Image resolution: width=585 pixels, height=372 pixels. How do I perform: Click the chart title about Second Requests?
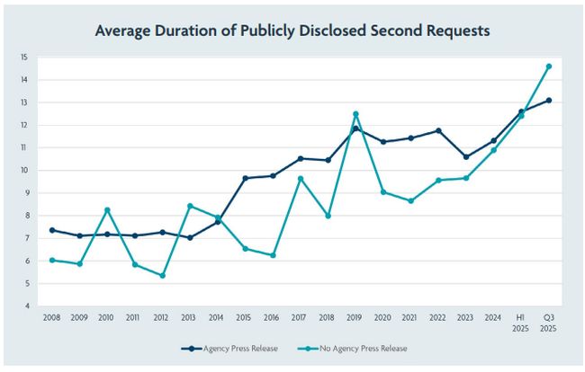pyautogui.click(x=292, y=31)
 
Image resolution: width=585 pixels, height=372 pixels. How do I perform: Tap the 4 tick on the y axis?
pyautogui.click(x=24, y=306)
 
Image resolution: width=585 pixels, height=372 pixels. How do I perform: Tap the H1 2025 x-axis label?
pyautogui.click(x=520, y=322)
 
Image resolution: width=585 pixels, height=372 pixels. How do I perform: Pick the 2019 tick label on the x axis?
pyautogui.click(x=355, y=317)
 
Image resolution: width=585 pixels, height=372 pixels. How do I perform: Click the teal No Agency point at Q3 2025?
pyautogui.click(x=549, y=66)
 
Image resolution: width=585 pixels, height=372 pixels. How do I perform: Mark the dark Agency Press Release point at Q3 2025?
pyautogui.click(x=549, y=101)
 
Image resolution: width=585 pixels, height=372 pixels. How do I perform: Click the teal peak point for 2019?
pyautogui.click(x=356, y=114)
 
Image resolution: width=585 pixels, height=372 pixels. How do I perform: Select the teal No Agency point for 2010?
pyautogui.click(x=108, y=210)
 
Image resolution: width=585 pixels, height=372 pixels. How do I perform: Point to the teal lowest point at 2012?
pyautogui.click(x=163, y=275)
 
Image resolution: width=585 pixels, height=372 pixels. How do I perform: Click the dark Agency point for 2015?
pyautogui.click(x=245, y=178)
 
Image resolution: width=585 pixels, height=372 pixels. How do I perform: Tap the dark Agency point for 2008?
pyautogui.click(x=54, y=230)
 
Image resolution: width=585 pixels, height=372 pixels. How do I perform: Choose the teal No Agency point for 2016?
pyautogui.click(x=273, y=255)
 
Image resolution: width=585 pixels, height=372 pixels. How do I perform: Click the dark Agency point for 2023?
pyautogui.click(x=466, y=157)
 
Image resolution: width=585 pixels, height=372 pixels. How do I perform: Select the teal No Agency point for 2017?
pyautogui.click(x=301, y=178)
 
